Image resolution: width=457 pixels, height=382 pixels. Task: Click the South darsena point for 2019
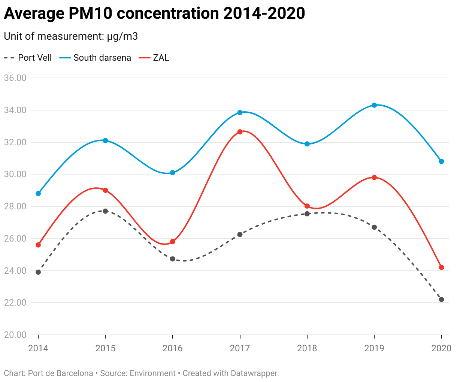tap(374, 105)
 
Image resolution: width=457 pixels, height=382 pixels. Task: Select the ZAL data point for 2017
tap(240, 132)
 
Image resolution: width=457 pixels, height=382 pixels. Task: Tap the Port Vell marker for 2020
tap(441, 300)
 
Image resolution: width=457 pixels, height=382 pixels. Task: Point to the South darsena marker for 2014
tap(38, 194)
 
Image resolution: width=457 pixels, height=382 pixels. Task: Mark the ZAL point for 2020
tap(441, 267)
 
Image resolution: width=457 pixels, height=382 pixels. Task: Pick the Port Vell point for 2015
tap(105, 211)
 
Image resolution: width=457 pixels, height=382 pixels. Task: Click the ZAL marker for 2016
tap(172, 242)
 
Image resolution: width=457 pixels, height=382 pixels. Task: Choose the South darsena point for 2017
tap(240, 112)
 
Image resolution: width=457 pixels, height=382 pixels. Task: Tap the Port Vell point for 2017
tap(240, 234)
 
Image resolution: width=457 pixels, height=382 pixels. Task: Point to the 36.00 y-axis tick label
tap(15, 78)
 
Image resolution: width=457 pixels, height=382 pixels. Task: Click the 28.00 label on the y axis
tap(15, 206)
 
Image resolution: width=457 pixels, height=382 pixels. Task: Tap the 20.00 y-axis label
tap(15, 335)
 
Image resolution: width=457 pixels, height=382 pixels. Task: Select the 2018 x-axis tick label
tap(307, 348)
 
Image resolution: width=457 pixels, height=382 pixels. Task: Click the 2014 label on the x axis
tap(38, 348)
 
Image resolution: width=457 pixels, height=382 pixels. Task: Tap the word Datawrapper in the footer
tap(254, 373)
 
